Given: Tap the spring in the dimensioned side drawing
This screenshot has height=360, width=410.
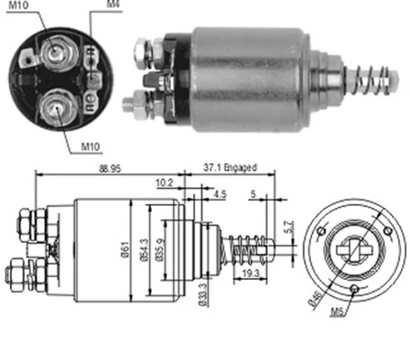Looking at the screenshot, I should (245, 245).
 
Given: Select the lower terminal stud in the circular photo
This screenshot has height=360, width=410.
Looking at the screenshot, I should (57, 111).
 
